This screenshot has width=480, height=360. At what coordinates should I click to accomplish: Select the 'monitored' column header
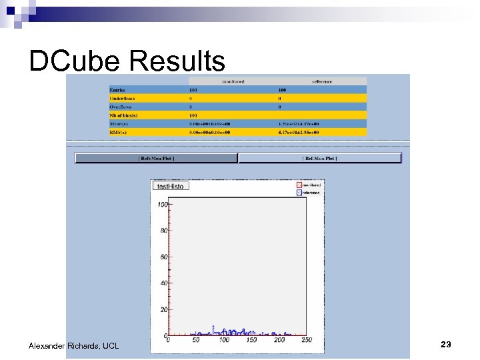tap(233, 81)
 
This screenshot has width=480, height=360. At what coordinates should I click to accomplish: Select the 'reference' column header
tap(321, 81)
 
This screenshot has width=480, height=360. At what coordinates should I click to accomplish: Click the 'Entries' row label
tap(117, 90)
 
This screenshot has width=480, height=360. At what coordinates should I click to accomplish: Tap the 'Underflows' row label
tap(122, 99)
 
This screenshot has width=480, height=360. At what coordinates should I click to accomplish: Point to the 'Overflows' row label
tap(121, 107)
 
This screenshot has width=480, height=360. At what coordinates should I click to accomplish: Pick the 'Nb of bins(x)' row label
tap(123, 115)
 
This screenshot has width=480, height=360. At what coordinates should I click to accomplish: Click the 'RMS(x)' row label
tap(118, 132)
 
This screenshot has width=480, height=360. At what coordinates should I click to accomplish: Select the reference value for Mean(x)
tap(299, 124)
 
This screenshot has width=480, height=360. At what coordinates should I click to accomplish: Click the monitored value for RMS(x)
tap(209, 132)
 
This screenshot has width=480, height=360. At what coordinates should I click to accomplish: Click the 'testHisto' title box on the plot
tap(171, 185)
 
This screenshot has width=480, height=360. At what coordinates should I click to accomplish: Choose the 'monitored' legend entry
tap(310, 185)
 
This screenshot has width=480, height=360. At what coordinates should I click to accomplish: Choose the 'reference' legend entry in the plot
tap(310, 193)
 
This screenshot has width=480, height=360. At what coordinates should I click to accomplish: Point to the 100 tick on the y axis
tap(162, 205)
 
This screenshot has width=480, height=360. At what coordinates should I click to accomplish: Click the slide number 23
tap(446, 345)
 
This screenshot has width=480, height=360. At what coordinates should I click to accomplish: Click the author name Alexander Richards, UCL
tap(73, 346)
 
